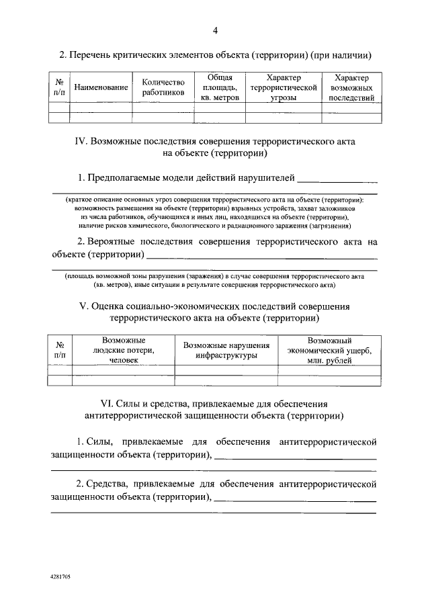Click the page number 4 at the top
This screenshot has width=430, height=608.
(x=215, y=30)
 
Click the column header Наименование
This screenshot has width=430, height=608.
(x=101, y=88)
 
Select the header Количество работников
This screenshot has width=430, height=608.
(x=163, y=88)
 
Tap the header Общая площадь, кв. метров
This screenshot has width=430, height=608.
(x=220, y=88)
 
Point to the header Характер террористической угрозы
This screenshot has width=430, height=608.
(x=283, y=88)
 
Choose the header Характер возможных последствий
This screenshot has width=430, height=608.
(x=352, y=88)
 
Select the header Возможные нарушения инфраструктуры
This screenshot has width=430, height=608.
(x=226, y=350)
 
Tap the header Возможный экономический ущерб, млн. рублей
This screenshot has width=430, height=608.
(x=329, y=350)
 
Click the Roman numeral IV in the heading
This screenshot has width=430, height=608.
(x=79, y=143)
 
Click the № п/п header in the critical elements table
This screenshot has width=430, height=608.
(x=59, y=88)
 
